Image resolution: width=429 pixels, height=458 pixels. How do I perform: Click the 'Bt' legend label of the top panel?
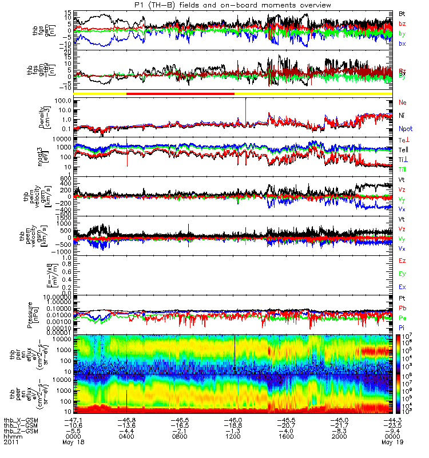pos(402,13)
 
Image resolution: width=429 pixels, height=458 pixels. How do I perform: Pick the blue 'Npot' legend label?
pos(406,129)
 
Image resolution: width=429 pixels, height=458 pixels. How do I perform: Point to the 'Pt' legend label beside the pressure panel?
pos(402,298)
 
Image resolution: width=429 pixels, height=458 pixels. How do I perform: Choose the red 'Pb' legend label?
pos(402,308)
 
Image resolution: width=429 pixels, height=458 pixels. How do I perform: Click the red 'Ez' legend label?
pos(402,260)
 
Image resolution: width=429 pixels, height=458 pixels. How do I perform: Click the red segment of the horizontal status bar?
pos(180,93)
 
